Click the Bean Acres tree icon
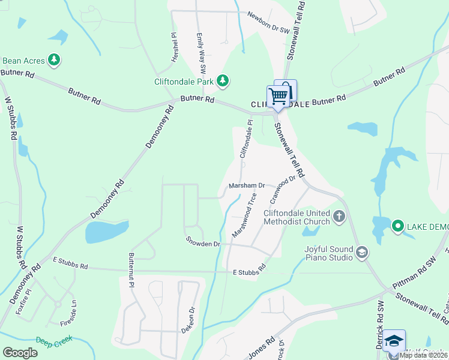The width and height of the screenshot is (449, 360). (x=55, y=59)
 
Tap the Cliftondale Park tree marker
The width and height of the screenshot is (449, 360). (x=223, y=80)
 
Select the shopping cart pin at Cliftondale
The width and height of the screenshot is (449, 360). (x=278, y=96)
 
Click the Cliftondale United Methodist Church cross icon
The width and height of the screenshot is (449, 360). (x=339, y=215)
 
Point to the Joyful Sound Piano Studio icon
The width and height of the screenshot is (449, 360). (x=361, y=252)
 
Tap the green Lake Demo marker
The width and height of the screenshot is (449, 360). (x=397, y=226)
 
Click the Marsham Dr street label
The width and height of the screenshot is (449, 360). (x=246, y=186)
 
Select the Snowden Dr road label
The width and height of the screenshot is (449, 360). (x=203, y=244)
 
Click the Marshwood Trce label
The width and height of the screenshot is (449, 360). (x=246, y=214)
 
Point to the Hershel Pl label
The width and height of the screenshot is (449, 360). (x=174, y=45)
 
